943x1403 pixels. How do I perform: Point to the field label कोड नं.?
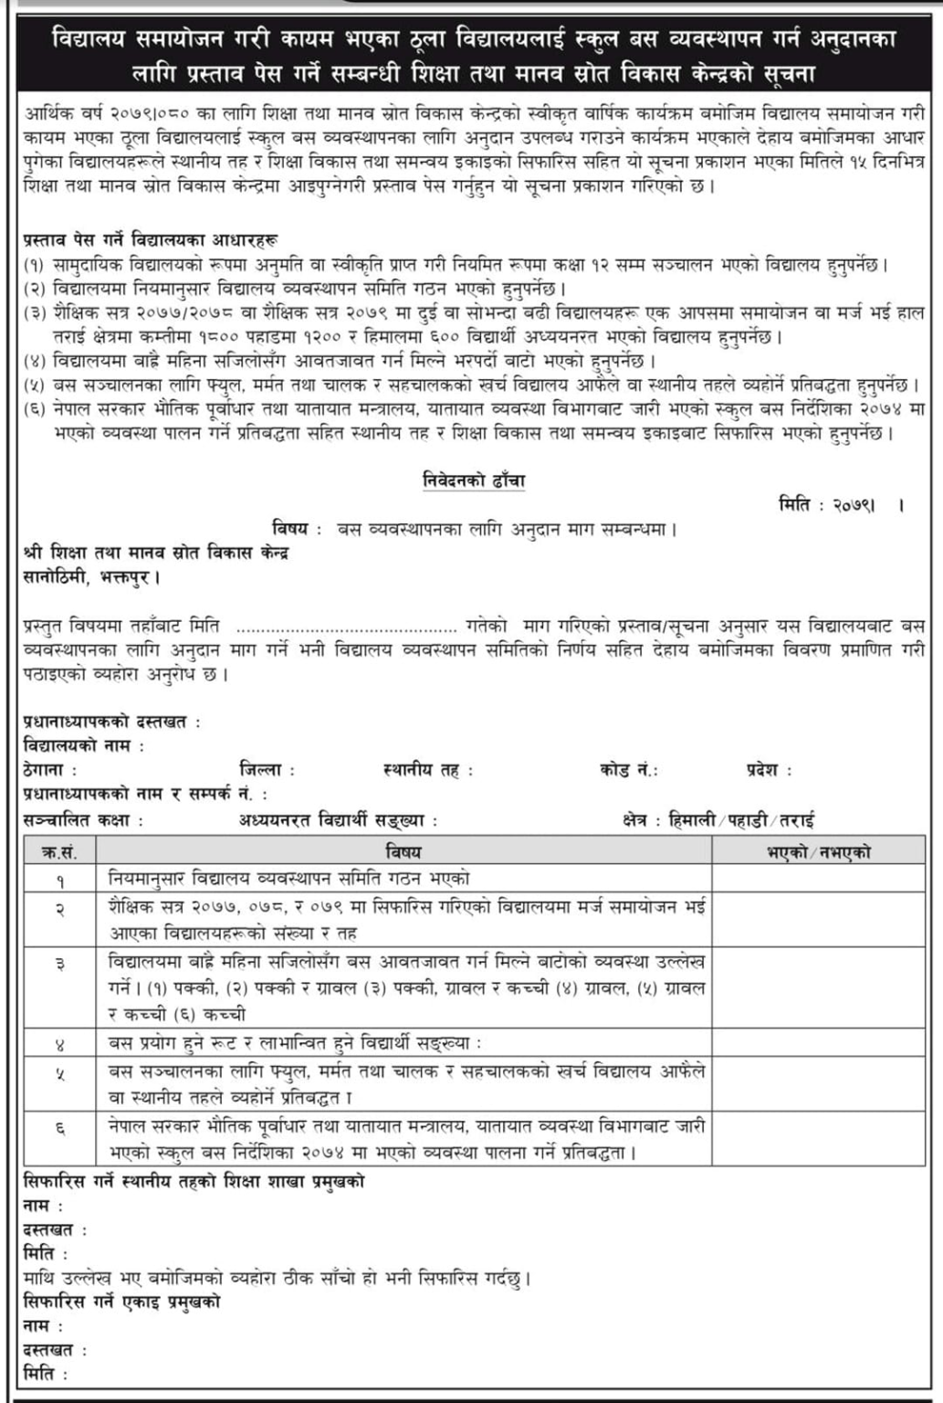click(x=629, y=770)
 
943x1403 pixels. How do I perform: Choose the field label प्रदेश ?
click(x=768, y=770)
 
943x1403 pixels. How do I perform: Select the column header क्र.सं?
click(x=59, y=852)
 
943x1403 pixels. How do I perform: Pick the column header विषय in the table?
click(x=403, y=852)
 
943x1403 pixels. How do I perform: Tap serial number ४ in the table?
click(x=59, y=1043)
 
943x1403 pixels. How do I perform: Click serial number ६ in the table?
click(x=59, y=1139)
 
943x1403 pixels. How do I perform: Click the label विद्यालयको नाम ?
click(x=84, y=746)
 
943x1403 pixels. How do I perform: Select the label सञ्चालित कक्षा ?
click(x=83, y=820)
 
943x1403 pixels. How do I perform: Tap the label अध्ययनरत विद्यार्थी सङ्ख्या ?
click(x=338, y=820)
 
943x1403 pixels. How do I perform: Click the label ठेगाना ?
click(x=49, y=770)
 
